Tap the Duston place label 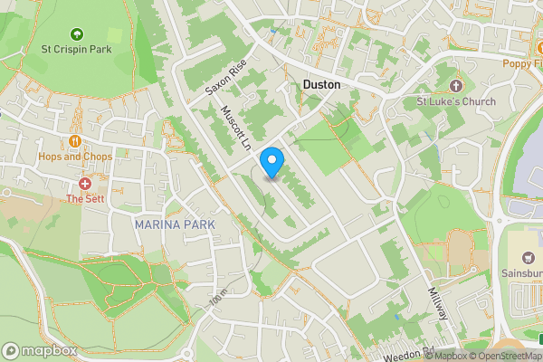[321, 84]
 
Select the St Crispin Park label [75, 49]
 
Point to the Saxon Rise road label [225, 79]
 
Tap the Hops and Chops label [75, 157]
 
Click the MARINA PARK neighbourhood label [175, 224]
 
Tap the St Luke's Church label [456, 100]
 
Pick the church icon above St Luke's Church [455, 85]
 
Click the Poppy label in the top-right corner [524, 62]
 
